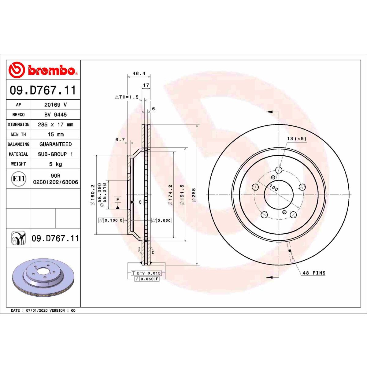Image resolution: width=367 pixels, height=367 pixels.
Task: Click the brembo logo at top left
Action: [x=43, y=70]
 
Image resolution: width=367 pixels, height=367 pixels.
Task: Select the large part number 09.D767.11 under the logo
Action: [x=43, y=90]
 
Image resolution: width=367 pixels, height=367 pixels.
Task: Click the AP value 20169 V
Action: [x=55, y=105]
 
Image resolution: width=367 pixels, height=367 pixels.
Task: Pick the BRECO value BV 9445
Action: [x=55, y=114]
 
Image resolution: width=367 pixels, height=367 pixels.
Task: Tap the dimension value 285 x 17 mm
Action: [x=55, y=124]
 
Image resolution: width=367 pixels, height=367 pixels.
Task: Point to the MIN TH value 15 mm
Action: [x=55, y=134]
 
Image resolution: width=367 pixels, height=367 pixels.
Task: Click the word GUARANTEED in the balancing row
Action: [x=55, y=144]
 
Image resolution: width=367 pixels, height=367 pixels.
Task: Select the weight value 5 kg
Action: [x=55, y=164]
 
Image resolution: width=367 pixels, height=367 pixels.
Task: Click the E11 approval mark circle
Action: [x=19, y=179]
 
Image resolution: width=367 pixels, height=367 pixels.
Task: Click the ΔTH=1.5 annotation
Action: [x=127, y=97]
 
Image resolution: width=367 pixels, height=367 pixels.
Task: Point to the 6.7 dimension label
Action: [x=120, y=139]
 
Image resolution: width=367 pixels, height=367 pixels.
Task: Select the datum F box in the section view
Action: [x=118, y=199]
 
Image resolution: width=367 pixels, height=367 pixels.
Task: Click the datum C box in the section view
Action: [x=140, y=202]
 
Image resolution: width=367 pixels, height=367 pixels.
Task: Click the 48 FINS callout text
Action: [x=314, y=273]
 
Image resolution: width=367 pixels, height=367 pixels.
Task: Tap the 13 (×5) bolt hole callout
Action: [x=296, y=139]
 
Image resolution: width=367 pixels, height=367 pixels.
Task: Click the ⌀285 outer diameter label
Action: [x=193, y=195]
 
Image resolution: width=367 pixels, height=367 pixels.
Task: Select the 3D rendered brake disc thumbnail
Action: [x=43, y=277]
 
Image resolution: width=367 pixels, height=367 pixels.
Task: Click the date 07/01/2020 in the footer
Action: [x=37, y=310]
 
